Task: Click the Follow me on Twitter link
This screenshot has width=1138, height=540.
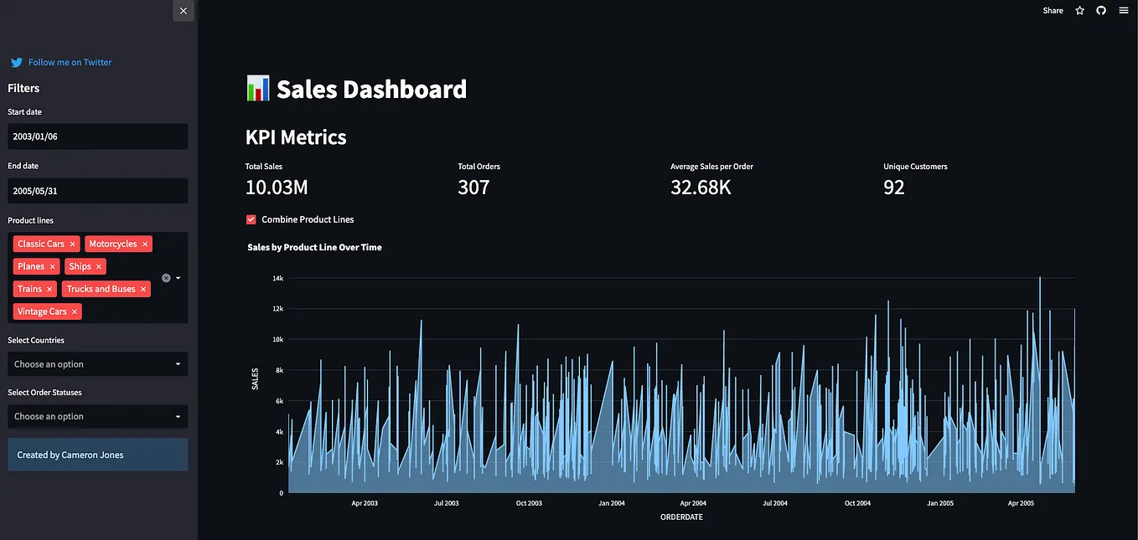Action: (70, 62)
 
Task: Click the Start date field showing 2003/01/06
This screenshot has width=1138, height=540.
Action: (97, 136)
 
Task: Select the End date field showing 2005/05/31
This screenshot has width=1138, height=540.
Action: (97, 191)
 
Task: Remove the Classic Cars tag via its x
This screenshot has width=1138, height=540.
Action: (73, 244)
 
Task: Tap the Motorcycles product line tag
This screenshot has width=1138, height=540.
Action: (112, 244)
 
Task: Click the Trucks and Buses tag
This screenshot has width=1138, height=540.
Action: (101, 289)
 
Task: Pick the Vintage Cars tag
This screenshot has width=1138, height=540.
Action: (42, 311)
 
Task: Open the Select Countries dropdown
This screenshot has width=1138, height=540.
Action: (97, 364)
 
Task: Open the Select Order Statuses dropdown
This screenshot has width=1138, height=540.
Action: (97, 416)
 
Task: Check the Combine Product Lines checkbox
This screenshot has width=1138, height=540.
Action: (251, 219)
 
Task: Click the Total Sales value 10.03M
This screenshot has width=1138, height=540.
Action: (277, 188)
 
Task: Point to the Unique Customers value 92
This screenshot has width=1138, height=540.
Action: (894, 188)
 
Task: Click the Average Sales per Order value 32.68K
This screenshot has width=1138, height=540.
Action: (701, 188)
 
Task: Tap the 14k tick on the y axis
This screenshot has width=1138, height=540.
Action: (277, 278)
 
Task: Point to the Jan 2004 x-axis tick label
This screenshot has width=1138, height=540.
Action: (611, 503)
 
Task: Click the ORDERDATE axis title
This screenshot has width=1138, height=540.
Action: (681, 517)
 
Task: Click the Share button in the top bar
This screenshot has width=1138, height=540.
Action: (1053, 11)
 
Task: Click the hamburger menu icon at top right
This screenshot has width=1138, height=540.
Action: (1124, 11)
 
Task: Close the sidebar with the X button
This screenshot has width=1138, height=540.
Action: (184, 11)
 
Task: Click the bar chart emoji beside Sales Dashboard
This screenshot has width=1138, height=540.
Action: (258, 88)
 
